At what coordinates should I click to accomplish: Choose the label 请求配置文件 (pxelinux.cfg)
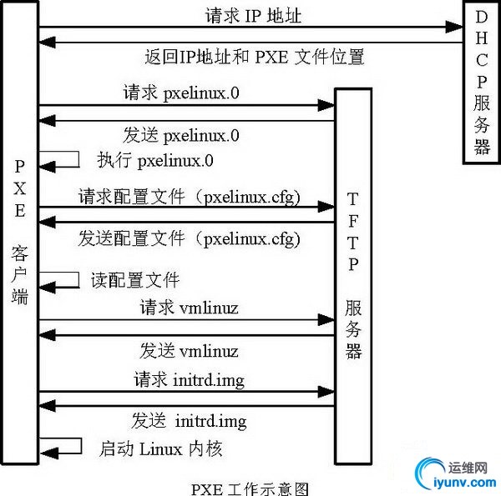pos(190,197)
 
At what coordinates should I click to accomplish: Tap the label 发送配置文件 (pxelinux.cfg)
pos(190,238)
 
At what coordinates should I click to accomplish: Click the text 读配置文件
pos(135,279)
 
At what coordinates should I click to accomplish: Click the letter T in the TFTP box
pos(354,199)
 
